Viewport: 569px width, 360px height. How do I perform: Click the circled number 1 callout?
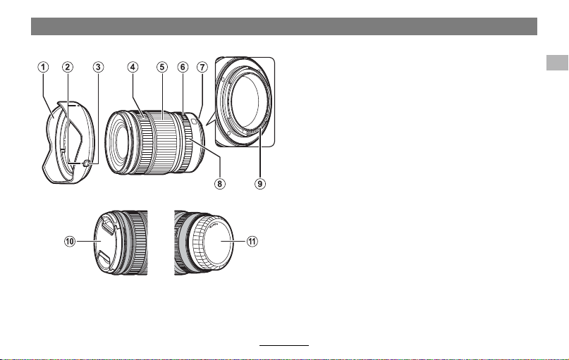(43, 67)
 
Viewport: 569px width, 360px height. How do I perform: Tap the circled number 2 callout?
(68, 67)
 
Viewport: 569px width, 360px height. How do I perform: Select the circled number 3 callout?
(98, 67)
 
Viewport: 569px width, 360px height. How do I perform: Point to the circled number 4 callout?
(133, 67)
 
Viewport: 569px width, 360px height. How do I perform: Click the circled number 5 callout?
(162, 67)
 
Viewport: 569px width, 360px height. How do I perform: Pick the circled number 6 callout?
(183, 67)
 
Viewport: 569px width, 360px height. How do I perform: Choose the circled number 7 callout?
(202, 67)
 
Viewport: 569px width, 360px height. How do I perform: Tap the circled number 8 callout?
(219, 184)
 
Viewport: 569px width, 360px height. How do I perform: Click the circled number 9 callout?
(260, 184)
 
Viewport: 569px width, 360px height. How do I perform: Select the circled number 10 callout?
(70, 242)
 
